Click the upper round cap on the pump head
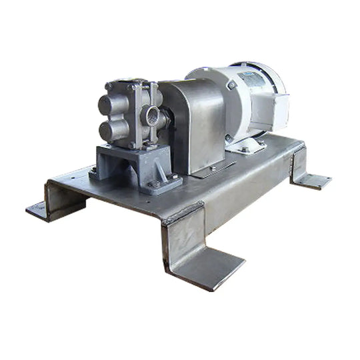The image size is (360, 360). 109,105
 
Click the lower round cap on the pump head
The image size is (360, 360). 109,129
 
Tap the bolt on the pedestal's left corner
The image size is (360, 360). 93,171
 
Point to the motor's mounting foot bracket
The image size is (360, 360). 250,143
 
